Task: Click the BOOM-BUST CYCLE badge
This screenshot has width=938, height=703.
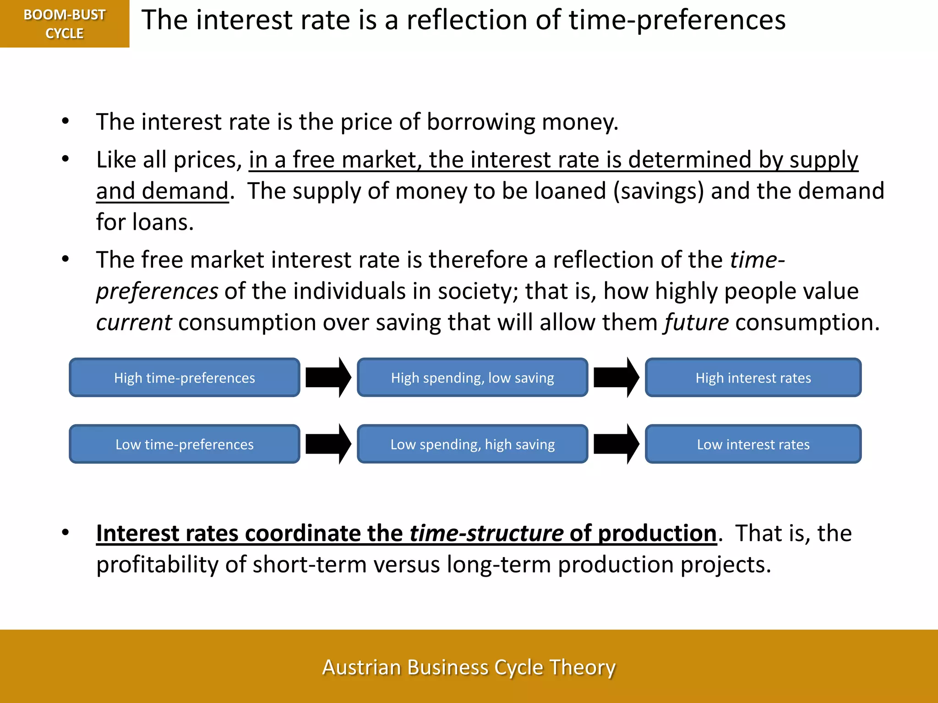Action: click(x=65, y=24)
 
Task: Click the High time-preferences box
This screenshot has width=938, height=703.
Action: click(x=185, y=378)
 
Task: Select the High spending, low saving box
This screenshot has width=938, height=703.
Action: click(x=472, y=378)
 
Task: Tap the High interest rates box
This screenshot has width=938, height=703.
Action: click(x=753, y=378)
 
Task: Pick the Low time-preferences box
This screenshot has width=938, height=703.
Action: click(x=185, y=444)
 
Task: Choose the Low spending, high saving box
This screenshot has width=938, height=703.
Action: click(x=472, y=444)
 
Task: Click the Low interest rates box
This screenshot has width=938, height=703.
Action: click(x=753, y=444)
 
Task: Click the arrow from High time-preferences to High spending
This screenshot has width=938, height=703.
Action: click(x=328, y=378)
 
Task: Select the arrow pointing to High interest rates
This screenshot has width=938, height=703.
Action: click(x=616, y=378)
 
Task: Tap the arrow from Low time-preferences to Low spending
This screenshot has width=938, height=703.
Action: click(x=328, y=444)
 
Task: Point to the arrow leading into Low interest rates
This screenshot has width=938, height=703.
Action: click(x=616, y=444)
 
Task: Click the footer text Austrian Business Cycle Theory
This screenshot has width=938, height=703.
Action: click(x=469, y=667)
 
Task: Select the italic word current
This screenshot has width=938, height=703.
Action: click(x=134, y=322)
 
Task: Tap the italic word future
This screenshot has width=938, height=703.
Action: click(x=696, y=322)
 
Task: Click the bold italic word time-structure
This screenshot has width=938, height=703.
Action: click(x=486, y=533)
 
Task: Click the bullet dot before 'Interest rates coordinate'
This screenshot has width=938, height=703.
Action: click(x=65, y=532)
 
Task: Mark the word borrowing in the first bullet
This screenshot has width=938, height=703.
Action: click(x=481, y=122)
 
